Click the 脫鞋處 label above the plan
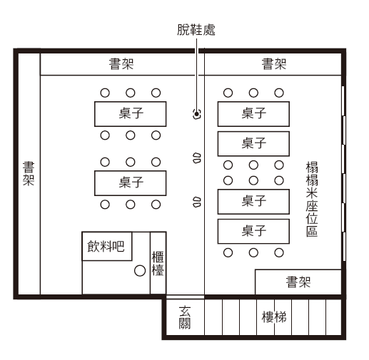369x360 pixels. coord(196,30)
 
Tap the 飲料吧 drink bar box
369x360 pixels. coord(107,246)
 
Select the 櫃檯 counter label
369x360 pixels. coord(158,264)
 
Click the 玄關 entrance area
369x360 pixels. coord(185,317)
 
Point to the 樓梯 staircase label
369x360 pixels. coord(274,317)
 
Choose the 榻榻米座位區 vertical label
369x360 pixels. coord(312,199)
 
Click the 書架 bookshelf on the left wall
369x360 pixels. coord(29,174)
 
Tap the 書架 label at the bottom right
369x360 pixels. coord(298,282)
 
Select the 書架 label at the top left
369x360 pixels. coord(121,64)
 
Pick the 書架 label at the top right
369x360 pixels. coord(274,64)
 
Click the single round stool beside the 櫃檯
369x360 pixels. coord(140,271)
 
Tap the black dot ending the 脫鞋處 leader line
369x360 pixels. coord(196,114)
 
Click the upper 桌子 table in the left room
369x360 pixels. coord(131,114)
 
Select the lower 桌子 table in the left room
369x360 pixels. coord(131,183)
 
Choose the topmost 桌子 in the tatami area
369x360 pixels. coord(253,114)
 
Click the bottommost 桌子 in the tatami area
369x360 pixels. coord(253,232)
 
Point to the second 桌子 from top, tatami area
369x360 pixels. coord(253,144)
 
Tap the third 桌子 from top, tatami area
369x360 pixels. coord(253,202)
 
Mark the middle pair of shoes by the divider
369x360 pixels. coord(197,158)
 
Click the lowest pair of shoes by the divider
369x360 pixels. coord(197,202)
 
